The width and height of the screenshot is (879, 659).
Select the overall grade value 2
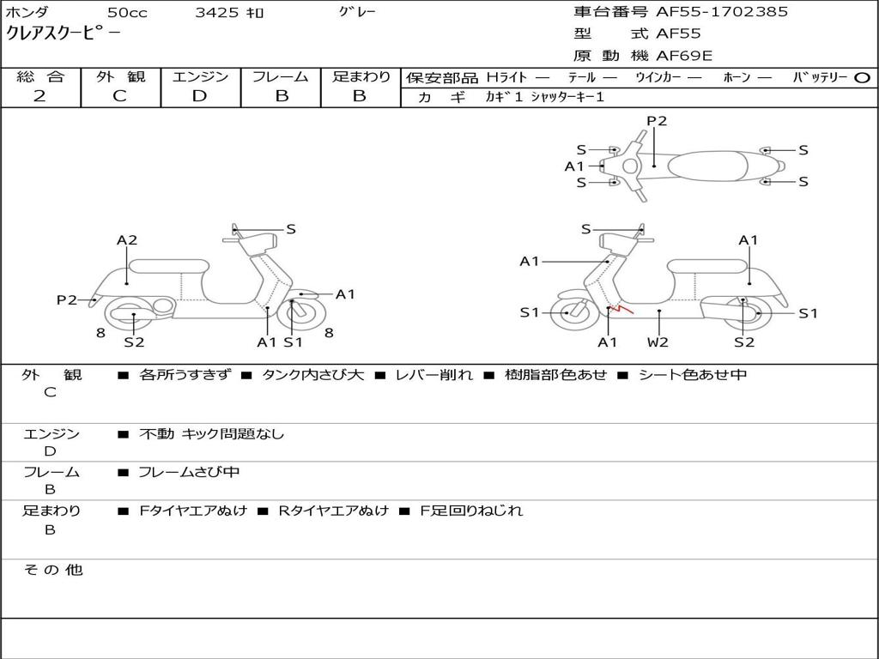pos(40,96)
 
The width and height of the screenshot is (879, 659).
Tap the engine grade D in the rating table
pos(200,96)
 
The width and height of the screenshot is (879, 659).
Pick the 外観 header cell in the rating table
pos(120,76)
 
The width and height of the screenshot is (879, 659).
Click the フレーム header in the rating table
pos(281,76)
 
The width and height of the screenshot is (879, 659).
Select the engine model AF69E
pos(684,57)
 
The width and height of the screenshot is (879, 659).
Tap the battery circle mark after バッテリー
pos(863,77)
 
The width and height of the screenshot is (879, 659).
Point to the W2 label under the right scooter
pos(658,342)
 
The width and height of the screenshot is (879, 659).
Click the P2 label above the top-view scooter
pos(657,121)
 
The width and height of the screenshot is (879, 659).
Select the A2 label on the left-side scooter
pos(127,240)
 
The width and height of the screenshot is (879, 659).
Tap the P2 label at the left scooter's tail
pos(67,299)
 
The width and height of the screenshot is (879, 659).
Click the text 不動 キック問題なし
pos(211,434)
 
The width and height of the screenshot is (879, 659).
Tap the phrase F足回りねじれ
pos(470,511)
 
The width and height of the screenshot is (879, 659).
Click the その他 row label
pos(52,570)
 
